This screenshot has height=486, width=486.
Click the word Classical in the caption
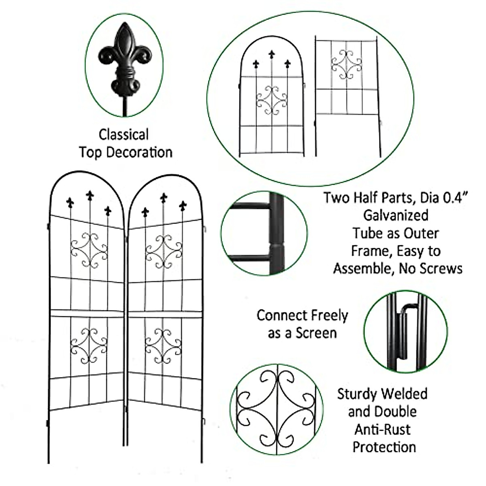[124, 134]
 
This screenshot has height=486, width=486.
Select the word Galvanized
[395, 215]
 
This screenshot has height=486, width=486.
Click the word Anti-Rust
[382, 429]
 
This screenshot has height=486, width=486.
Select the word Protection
[384, 447]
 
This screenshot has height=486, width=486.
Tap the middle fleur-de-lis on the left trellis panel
[90, 196]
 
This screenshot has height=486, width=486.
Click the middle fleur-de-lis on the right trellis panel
[164, 198]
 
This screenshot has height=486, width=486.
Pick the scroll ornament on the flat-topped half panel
[346, 64]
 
